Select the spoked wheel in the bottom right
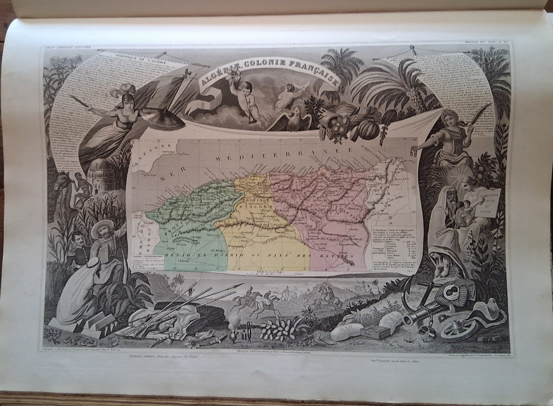(459, 329)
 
